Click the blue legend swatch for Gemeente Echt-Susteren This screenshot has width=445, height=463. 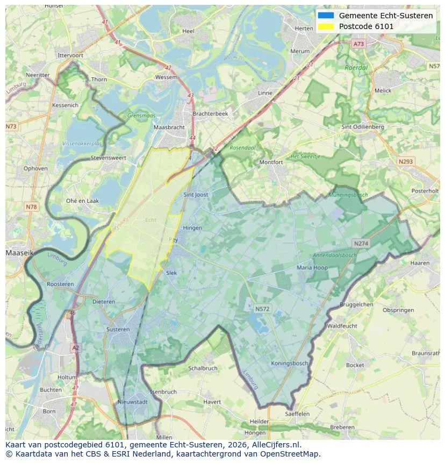[x=326, y=16]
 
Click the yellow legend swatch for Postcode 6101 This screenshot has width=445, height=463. [x=326, y=26]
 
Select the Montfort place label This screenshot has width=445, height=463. [x=271, y=162]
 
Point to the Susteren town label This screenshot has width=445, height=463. [x=118, y=329]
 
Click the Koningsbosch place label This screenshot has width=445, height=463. [x=290, y=363]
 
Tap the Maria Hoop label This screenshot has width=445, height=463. [x=312, y=267]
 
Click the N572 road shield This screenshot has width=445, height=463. [x=262, y=309]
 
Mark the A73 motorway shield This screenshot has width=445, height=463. [x=358, y=44]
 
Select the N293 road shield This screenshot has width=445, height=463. [x=406, y=161]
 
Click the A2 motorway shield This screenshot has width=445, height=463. [x=75, y=348]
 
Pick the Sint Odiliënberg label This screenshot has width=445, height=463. [x=363, y=127]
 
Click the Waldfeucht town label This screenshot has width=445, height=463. [x=342, y=326]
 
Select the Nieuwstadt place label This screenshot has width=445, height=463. [x=132, y=402]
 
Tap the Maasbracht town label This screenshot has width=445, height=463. [x=169, y=127]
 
